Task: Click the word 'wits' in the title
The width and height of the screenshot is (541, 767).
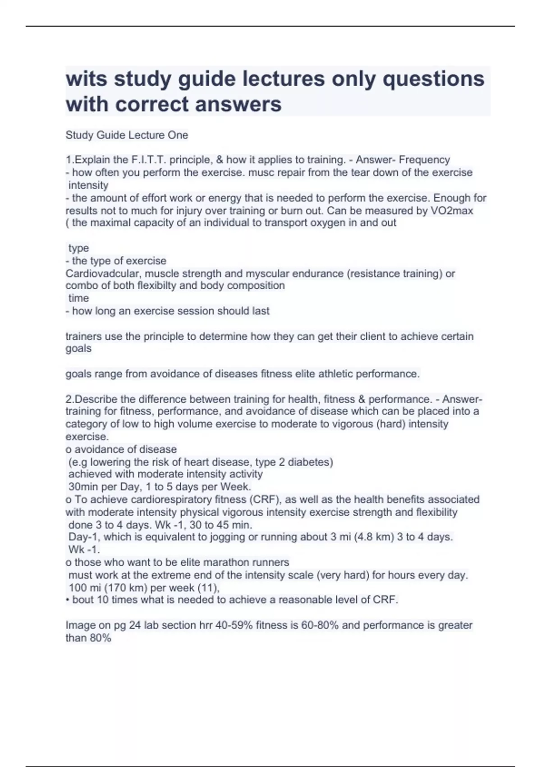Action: pos(86,79)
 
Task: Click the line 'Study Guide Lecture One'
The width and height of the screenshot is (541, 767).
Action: pos(127,135)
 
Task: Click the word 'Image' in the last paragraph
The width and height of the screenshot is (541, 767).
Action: pos(80,625)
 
